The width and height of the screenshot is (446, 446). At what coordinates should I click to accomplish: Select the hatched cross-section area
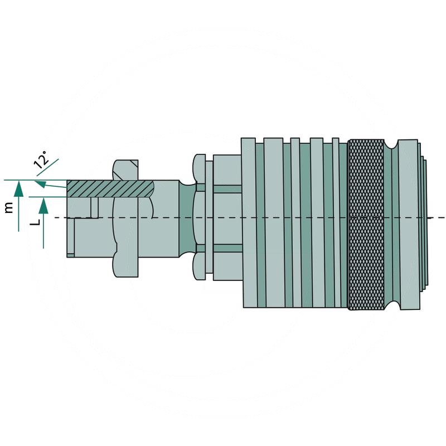coord(111,188)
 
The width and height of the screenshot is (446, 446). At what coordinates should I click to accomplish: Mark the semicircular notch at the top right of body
coord(395,144)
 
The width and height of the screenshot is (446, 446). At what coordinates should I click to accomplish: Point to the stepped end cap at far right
coord(425,223)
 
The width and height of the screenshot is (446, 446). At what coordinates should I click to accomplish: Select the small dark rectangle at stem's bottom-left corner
coord(70,255)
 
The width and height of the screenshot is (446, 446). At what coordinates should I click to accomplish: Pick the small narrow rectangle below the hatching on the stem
coord(95,207)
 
